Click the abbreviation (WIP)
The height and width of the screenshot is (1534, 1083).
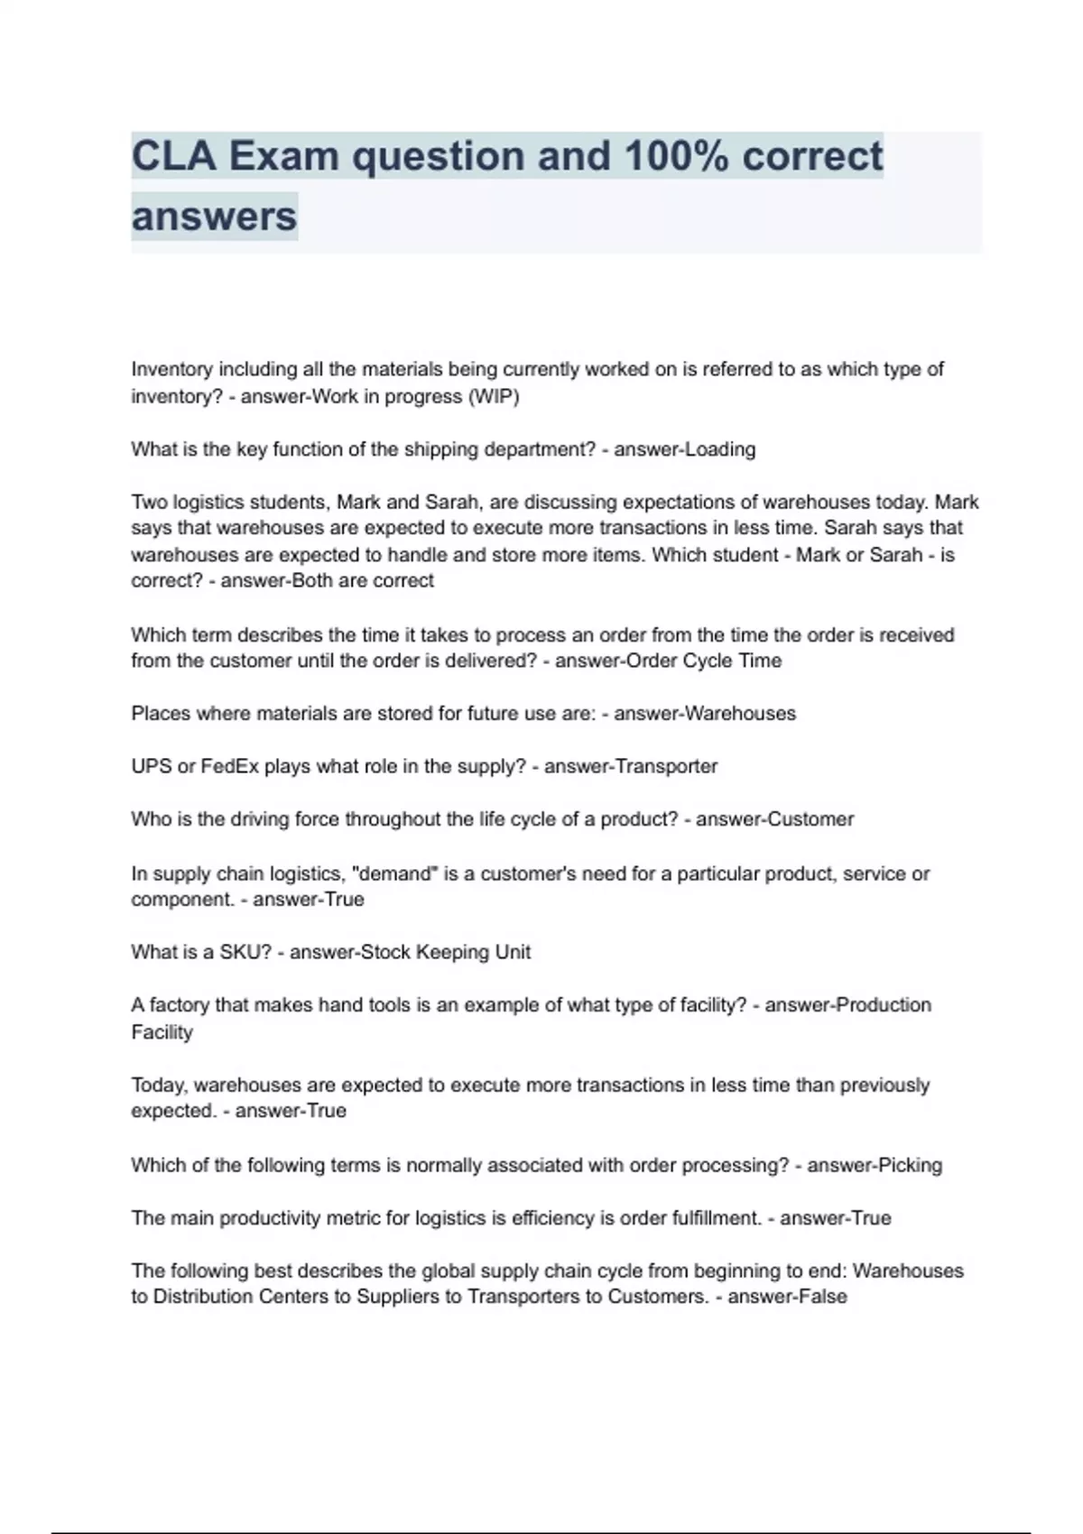point(493,396)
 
